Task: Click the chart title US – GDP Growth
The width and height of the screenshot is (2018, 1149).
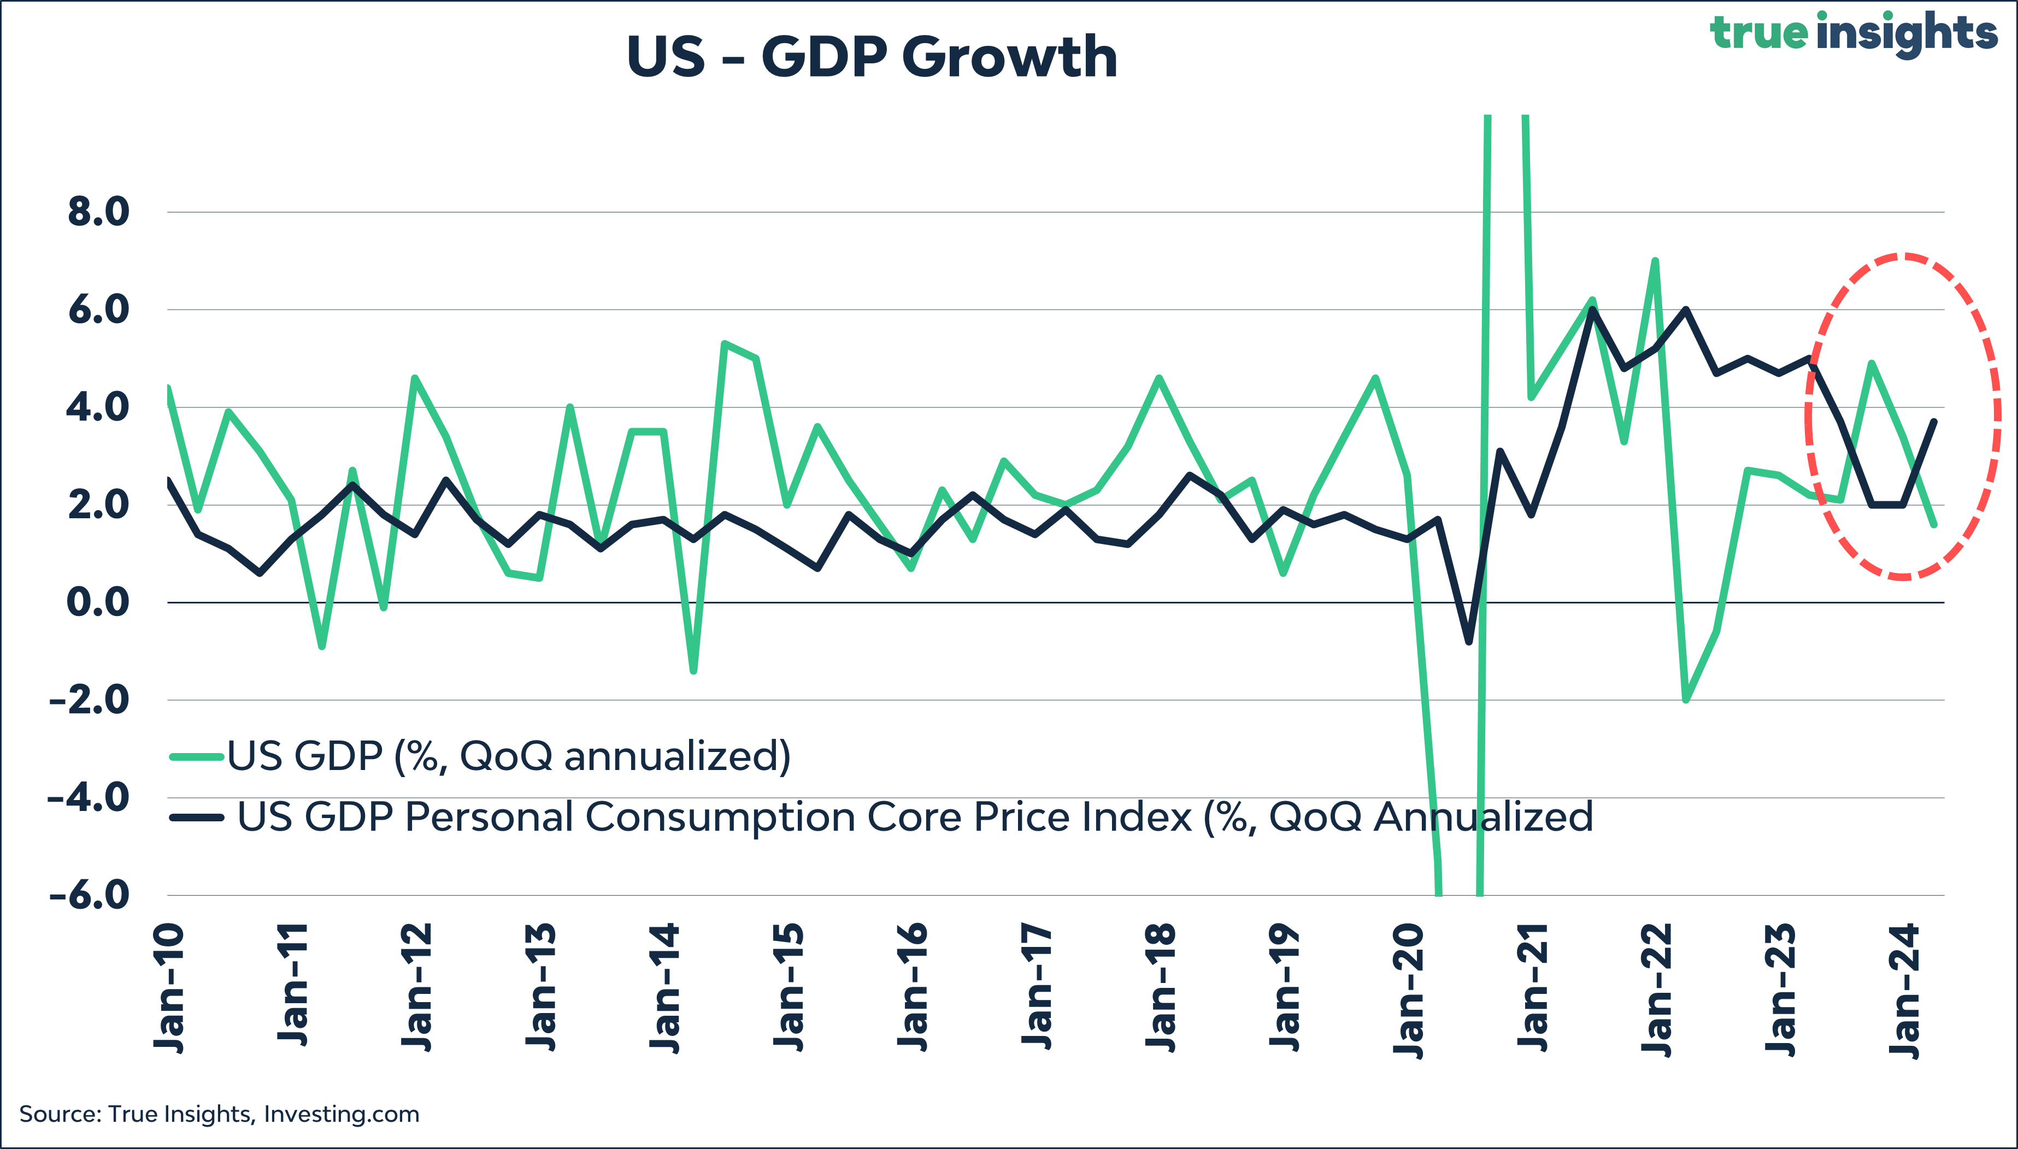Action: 872,57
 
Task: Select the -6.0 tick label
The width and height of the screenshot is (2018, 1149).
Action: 89,896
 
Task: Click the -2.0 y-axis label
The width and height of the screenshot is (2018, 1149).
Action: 89,700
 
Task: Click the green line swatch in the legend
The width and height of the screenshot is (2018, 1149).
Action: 197,757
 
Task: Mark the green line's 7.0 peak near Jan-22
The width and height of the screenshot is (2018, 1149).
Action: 1655,261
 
